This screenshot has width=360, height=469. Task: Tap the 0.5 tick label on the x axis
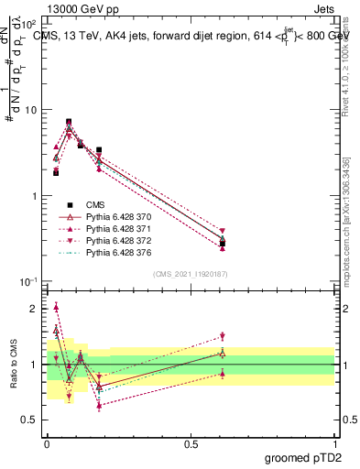(191, 442)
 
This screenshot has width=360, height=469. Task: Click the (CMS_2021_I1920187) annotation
(190, 274)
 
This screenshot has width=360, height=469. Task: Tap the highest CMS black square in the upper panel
(69, 121)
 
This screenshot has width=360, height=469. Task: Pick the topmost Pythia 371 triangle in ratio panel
(56, 307)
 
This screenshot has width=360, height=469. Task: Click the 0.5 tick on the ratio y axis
(30, 420)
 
